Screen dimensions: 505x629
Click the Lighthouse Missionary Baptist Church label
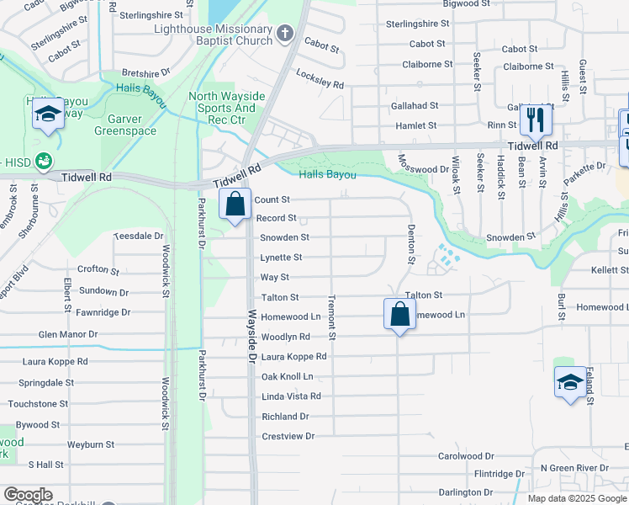point(214,35)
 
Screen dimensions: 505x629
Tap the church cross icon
point(285,34)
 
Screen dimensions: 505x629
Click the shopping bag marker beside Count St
point(235,204)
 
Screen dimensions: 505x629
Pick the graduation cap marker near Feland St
point(569,382)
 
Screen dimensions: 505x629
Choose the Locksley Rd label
point(320,79)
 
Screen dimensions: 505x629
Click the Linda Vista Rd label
point(291,396)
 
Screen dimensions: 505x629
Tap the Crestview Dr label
point(288,436)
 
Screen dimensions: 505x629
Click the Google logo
point(27,495)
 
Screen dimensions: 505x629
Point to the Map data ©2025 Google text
point(576,498)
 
